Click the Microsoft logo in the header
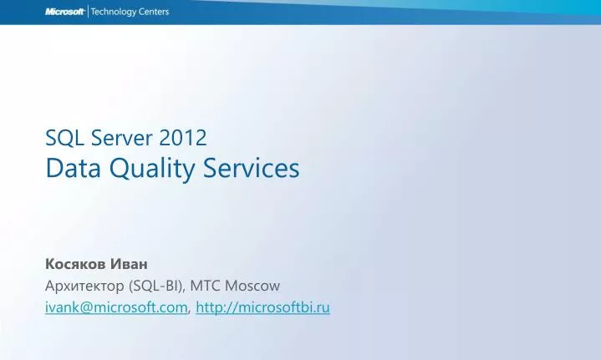pyautogui.click(x=64, y=12)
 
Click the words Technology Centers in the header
pyautogui.click(x=130, y=12)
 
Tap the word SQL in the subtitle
pyautogui.click(x=59, y=138)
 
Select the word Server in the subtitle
pyautogui.click(x=112, y=138)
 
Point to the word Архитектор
pyautogui.click(x=85, y=286)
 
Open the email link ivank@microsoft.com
pyautogui.click(x=116, y=308)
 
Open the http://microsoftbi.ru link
pyautogui.click(x=262, y=308)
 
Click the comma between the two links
pyautogui.click(x=190, y=311)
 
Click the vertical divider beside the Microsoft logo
pyautogui.click(x=87, y=12)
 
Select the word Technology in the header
pyautogui.click(x=115, y=12)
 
